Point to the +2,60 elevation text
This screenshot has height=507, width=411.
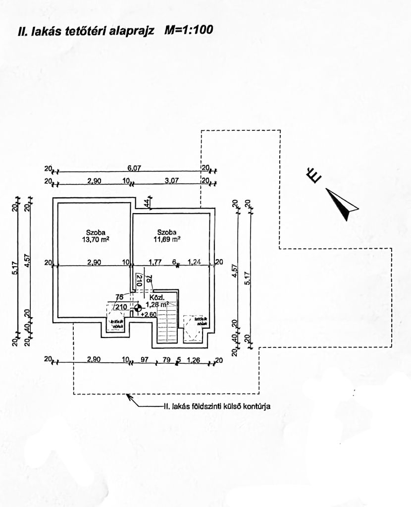tap(149, 314)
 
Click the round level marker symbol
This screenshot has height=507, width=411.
tap(137, 308)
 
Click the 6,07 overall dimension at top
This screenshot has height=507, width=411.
tap(134, 169)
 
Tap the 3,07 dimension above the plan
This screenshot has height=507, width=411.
tap(171, 181)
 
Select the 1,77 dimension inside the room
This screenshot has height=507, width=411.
tap(155, 261)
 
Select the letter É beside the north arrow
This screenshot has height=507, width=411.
tap(313, 175)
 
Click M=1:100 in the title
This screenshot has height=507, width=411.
tap(189, 30)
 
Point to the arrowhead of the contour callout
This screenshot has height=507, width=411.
tap(128, 396)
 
